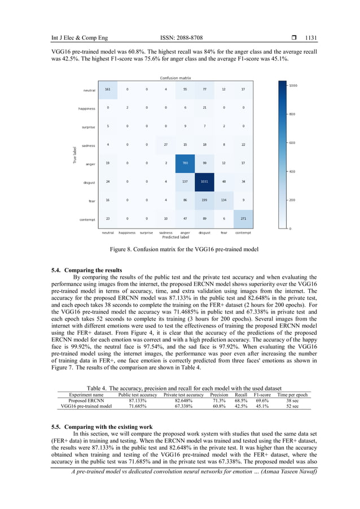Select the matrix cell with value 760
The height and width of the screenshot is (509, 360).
click(184, 164)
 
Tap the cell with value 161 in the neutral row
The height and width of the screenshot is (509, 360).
click(108, 89)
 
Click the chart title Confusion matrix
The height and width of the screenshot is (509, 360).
click(175, 78)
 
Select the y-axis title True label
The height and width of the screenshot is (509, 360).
click(74, 156)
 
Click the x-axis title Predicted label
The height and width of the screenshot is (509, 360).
click(175, 238)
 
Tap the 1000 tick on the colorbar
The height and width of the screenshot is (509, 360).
click(293, 85)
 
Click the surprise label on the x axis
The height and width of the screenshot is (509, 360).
click(146, 232)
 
